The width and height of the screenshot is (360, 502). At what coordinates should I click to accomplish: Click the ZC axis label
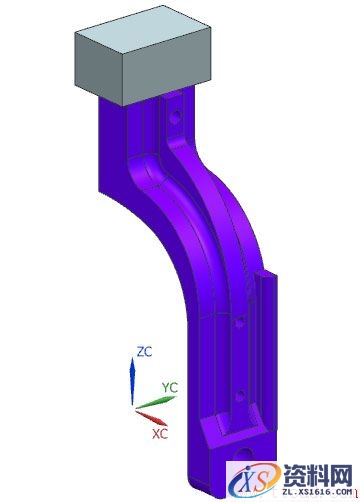tap(143, 351)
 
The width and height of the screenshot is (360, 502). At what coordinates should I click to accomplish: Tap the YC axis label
tap(170, 386)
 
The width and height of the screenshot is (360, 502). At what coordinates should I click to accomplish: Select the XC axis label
tap(159, 435)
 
